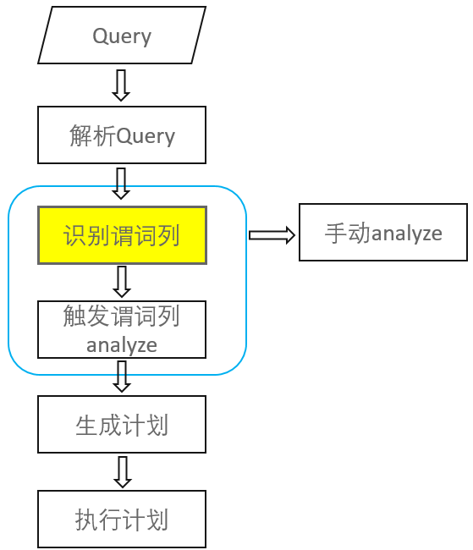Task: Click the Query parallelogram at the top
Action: [122, 36]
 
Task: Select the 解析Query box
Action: [122, 135]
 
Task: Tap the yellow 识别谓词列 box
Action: [122, 235]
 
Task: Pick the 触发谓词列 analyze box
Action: [122, 329]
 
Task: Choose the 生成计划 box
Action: [122, 424]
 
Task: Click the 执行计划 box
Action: [122, 519]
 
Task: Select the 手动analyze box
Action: [382, 232]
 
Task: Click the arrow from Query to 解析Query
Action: [121, 85]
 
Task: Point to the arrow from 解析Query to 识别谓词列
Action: [121, 183]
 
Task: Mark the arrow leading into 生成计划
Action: [121, 377]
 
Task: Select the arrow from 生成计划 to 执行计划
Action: [121, 472]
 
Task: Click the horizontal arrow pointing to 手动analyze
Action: [272, 235]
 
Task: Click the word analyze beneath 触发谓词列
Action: [122, 344]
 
